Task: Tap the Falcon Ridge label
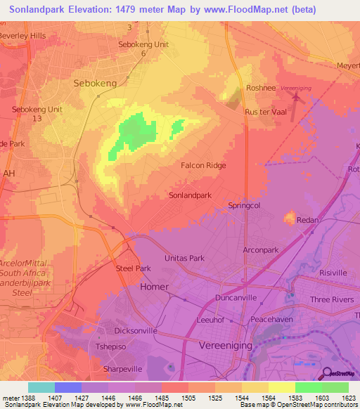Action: pos(203,165)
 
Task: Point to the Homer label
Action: pos(155,287)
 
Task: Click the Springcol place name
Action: pos(244,206)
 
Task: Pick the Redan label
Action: pos(307,220)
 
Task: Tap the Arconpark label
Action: pos(261,249)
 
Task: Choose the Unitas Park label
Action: pos(184,258)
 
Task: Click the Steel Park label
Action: pos(133,268)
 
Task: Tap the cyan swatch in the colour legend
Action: pos(41,387)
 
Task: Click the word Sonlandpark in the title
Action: pos(44,10)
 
